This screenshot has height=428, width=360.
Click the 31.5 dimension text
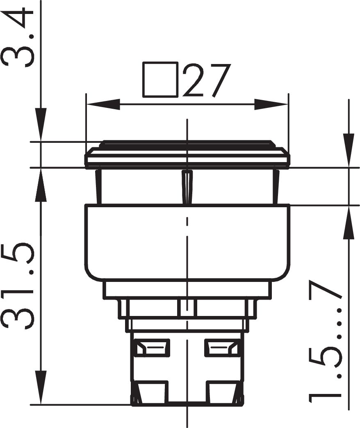(x=18, y=285)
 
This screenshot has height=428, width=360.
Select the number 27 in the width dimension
(x=207, y=80)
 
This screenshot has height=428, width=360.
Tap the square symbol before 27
(x=160, y=80)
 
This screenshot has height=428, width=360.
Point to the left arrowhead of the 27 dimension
(x=103, y=104)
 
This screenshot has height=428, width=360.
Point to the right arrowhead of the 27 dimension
(x=271, y=104)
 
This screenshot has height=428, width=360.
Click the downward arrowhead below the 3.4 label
(x=41, y=125)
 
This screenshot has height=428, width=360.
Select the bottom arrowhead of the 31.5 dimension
(x=41, y=387)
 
